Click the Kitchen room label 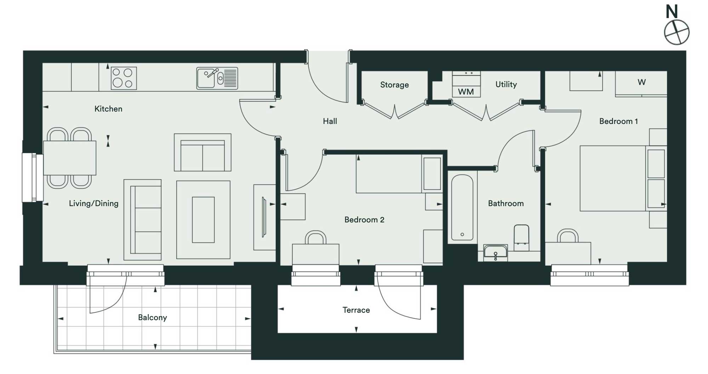[108, 109]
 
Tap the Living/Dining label [94, 203]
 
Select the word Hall [330, 121]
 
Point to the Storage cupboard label [394, 85]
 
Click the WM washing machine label [466, 92]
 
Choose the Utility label [506, 84]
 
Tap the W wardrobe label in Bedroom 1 [642, 82]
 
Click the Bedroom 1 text [618, 121]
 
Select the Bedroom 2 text [364, 220]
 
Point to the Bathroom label [506, 203]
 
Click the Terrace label [356, 310]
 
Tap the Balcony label [153, 317]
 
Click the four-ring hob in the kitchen [124, 78]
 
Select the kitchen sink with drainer [217, 78]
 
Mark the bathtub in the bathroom [462, 208]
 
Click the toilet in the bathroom [521, 237]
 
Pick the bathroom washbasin [496, 252]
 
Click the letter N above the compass [672, 12]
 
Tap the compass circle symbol [676, 32]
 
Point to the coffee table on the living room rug [203, 220]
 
